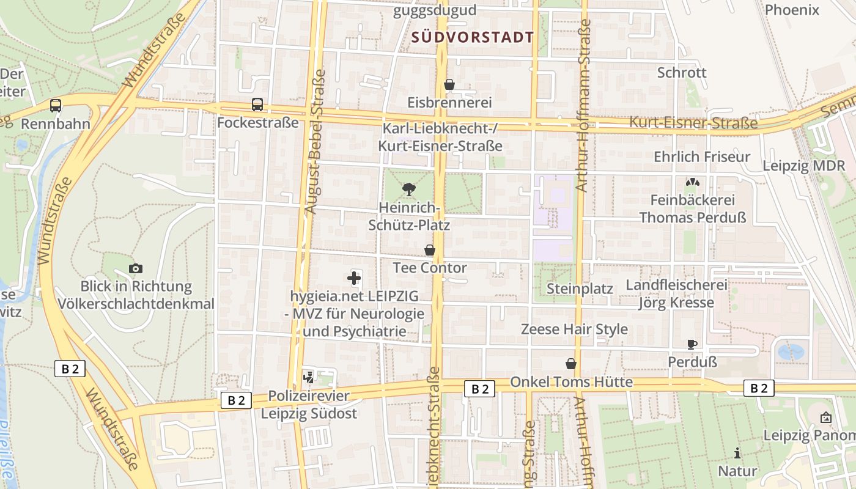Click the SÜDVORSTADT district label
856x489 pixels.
(x=473, y=37)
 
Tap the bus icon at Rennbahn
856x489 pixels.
(x=56, y=106)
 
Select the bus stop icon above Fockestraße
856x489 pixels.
(x=257, y=105)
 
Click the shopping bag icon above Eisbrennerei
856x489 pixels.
(x=449, y=84)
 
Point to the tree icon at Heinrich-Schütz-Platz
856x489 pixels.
(x=409, y=189)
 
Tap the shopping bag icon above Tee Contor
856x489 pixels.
(x=430, y=250)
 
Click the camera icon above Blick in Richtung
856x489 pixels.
(x=136, y=268)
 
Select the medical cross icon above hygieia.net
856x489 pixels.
(x=354, y=279)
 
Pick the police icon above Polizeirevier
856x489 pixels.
(x=309, y=378)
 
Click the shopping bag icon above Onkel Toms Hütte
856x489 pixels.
(x=571, y=364)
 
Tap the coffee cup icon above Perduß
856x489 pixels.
(x=692, y=344)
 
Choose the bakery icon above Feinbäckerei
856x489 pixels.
(x=692, y=182)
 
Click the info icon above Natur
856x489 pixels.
(x=737, y=453)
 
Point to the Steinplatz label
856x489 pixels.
(x=580, y=289)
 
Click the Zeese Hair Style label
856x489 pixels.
(x=574, y=329)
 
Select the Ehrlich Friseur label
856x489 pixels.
(x=702, y=157)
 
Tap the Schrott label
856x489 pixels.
(x=682, y=73)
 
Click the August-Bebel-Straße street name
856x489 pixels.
(x=316, y=142)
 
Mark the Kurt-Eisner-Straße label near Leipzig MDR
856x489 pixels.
(x=693, y=123)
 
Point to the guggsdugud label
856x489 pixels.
(x=435, y=10)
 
